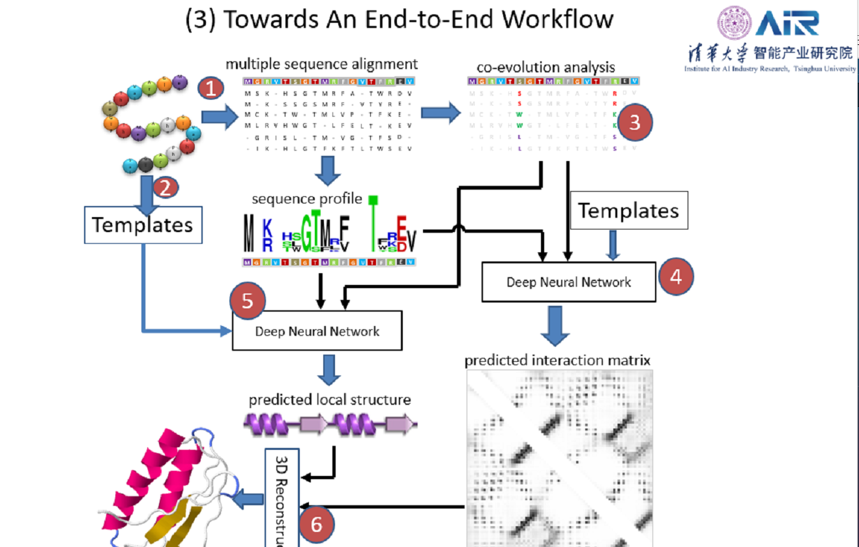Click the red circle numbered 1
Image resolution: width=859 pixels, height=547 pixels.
pos(211,89)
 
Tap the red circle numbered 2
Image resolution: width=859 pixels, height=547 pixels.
pos(165,188)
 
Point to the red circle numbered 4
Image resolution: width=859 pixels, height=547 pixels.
pos(676,276)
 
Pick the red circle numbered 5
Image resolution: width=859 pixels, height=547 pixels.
pos(247,301)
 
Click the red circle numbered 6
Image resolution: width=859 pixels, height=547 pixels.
pos(317,524)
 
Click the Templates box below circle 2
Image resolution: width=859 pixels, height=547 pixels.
pos(143,225)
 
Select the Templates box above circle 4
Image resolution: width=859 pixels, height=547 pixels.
pos(629,211)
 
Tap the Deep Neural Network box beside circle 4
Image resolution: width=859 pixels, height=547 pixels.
pos(568,282)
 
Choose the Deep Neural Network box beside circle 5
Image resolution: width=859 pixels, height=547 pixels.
pos(317,331)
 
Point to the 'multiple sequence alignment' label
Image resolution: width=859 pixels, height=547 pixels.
pos(321,65)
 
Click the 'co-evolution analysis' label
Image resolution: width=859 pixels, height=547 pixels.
pos(546,67)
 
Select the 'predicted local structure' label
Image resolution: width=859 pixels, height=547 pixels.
pos(330,400)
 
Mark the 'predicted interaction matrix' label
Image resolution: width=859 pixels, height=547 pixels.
pos(557,361)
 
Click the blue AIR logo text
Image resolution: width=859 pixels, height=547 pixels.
pos(787,23)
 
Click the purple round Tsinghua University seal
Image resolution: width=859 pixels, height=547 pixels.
pos(735,23)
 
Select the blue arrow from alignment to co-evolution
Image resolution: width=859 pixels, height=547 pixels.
pos(439,113)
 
